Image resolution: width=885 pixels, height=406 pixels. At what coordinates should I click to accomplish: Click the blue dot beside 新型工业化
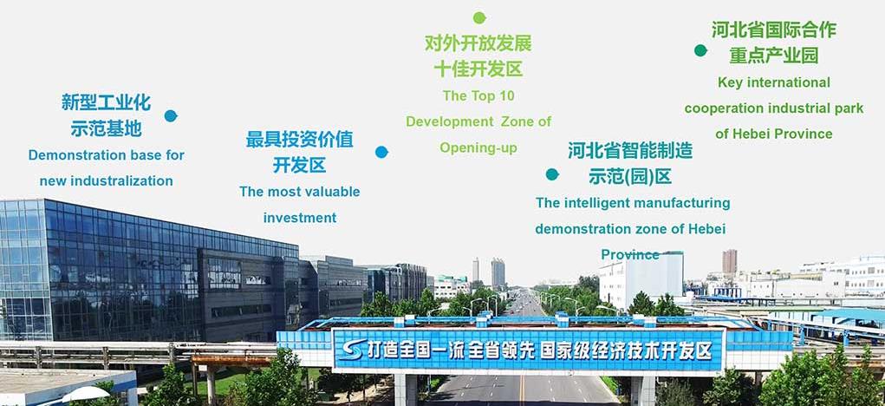point(171,115)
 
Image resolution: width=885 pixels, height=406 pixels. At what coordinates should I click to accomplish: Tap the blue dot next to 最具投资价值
point(381,152)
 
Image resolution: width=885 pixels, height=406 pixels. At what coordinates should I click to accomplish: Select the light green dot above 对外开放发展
point(479,17)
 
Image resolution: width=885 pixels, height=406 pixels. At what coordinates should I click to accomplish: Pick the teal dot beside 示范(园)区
point(552,174)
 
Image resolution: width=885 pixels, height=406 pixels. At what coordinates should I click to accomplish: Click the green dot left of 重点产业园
point(700,50)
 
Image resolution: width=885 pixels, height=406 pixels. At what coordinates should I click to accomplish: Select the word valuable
point(331,192)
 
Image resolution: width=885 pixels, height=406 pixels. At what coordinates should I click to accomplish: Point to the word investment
point(300,218)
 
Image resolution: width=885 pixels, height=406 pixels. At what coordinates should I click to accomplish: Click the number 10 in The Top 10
point(507,96)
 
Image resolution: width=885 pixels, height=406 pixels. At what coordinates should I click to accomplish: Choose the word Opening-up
point(478,148)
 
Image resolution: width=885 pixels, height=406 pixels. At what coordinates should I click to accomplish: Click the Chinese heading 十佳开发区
point(478,69)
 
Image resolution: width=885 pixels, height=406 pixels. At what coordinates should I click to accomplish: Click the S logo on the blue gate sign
point(350,350)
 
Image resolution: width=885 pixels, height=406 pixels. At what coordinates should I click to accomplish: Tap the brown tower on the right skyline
point(730,261)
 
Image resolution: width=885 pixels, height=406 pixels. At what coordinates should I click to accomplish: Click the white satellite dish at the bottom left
point(86,394)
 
